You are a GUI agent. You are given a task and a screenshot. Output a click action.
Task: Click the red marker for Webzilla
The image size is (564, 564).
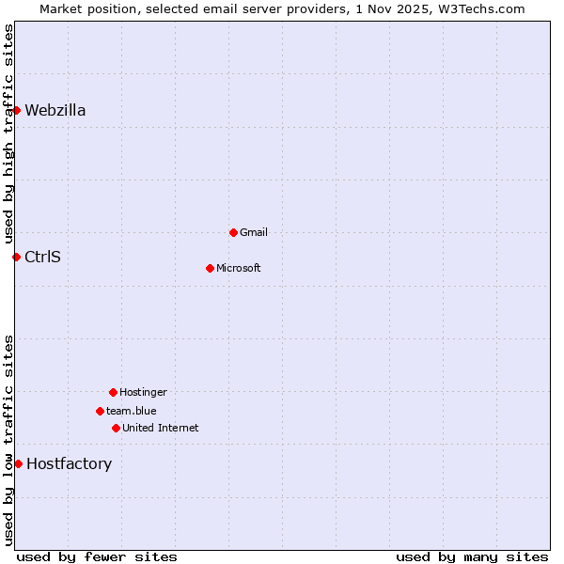click(16, 110)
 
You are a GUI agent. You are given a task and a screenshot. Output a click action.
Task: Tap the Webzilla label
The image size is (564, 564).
click(55, 110)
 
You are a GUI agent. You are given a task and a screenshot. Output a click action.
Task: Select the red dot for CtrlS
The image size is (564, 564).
click(16, 257)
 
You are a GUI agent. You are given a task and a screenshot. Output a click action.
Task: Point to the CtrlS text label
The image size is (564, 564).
click(42, 257)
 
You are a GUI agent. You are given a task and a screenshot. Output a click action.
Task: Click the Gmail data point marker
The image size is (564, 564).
click(233, 232)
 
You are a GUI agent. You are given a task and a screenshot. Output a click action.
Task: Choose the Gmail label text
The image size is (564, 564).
click(254, 232)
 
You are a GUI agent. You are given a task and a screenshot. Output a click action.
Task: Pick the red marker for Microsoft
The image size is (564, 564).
click(210, 268)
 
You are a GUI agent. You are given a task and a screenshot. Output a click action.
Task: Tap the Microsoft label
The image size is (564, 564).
click(239, 268)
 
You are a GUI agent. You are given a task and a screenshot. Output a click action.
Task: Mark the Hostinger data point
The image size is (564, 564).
click(113, 392)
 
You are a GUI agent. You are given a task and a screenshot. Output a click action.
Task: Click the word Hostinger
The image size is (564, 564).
click(143, 392)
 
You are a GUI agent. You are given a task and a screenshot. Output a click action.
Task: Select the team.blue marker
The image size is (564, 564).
click(100, 411)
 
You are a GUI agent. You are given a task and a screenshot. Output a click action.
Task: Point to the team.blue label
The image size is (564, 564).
click(132, 411)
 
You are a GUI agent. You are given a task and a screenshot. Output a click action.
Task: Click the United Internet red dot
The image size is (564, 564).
click(116, 428)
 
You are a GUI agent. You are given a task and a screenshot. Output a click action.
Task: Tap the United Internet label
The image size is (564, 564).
click(161, 428)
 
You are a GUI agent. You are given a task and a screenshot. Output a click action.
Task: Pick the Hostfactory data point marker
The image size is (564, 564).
click(18, 463)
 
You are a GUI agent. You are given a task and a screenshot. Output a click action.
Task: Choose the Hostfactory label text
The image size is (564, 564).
click(69, 463)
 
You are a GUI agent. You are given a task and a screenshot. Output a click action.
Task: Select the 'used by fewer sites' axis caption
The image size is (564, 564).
click(97, 556)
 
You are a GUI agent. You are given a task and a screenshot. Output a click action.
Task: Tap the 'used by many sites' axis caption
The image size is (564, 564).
click(472, 556)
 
